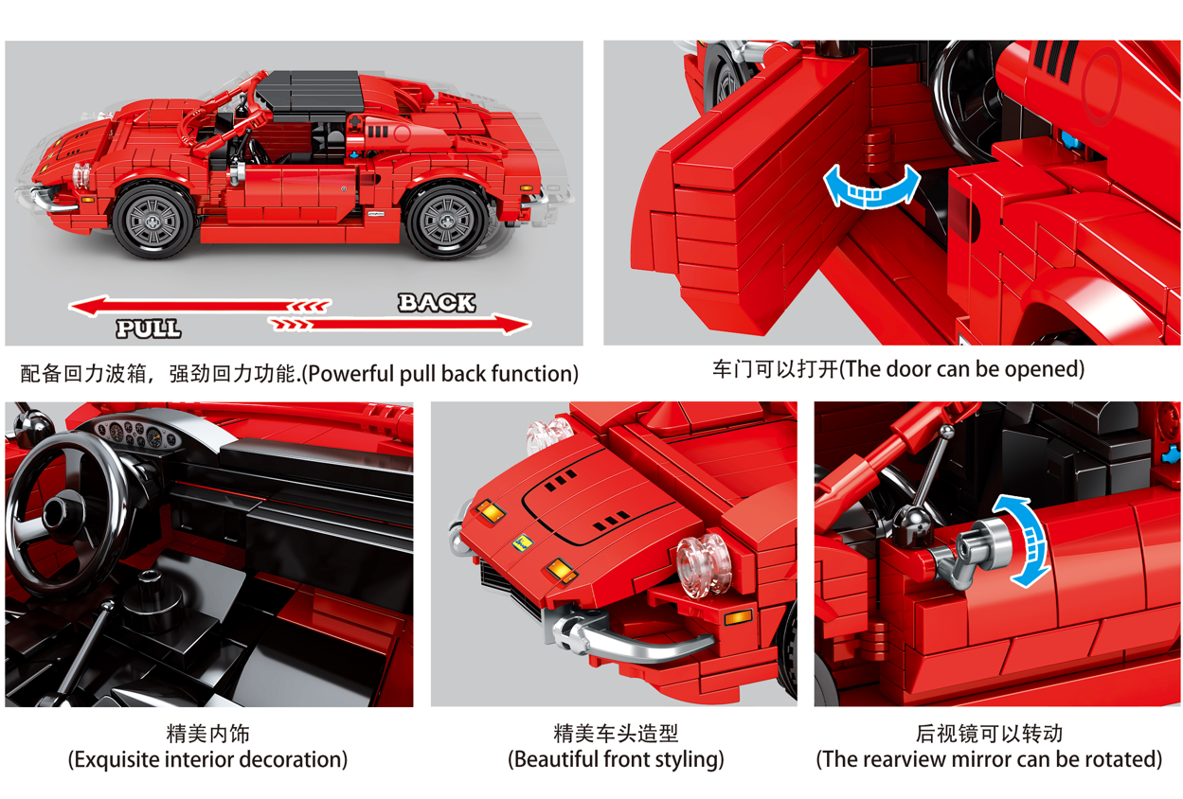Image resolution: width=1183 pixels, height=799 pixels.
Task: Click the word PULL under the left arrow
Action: point(149,328)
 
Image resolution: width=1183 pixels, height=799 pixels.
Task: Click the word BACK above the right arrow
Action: point(437,302)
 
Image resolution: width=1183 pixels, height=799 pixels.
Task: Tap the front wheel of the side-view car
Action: point(153,220)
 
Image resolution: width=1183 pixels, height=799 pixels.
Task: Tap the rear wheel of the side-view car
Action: point(447,221)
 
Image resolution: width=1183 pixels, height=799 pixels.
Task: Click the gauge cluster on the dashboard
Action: point(137,434)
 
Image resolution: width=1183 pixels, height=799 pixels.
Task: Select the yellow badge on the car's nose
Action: point(522,542)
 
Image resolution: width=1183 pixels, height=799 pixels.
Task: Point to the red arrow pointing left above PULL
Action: point(200,305)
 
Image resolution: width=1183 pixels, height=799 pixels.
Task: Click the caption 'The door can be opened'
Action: point(961,369)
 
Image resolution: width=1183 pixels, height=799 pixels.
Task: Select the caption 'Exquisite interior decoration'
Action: point(208,759)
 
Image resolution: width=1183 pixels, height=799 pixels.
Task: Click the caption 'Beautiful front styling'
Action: point(616,759)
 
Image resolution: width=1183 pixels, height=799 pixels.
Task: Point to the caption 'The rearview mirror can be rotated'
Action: point(989,759)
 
